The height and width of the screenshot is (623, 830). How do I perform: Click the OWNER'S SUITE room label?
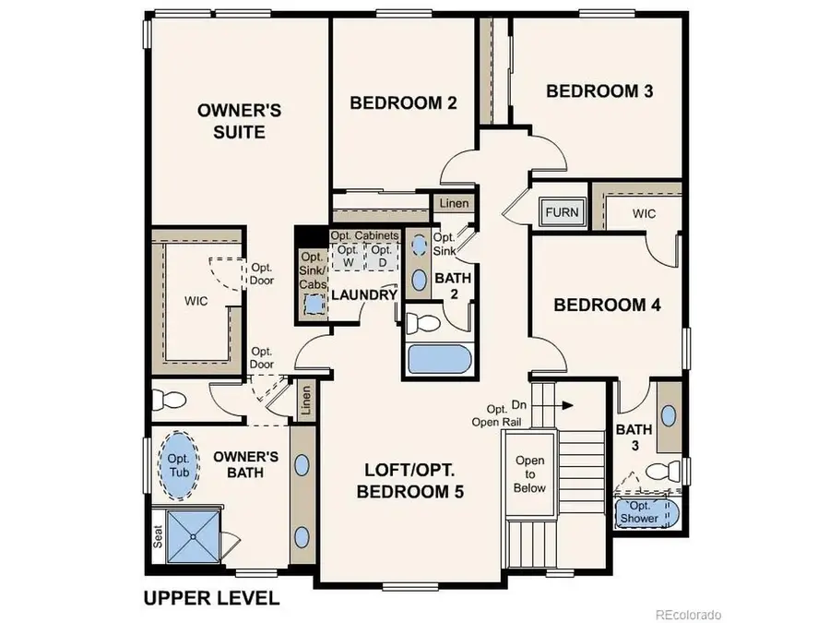click(x=239, y=121)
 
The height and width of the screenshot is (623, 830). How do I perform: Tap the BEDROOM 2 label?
click(x=403, y=102)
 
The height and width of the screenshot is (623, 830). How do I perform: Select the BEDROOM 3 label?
click(x=593, y=90)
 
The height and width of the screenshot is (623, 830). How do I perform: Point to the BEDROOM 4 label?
click(x=606, y=305)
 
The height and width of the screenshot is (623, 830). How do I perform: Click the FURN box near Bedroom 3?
click(x=562, y=212)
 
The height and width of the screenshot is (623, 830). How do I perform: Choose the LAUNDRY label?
click(x=363, y=295)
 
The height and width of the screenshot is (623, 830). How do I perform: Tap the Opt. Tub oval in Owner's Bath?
click(x=177, y=465)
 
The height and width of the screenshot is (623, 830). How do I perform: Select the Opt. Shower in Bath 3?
click(x=644, y=512)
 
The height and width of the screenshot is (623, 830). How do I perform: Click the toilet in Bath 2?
click(x=427, y=324)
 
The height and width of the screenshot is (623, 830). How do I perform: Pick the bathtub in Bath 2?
click(x=438, y=358)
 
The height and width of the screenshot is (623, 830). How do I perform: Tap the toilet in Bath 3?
click(x=661, y=471)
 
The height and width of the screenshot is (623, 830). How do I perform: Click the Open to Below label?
click(x=529, y=474)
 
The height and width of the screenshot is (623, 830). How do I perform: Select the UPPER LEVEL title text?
click(x=210, y=598)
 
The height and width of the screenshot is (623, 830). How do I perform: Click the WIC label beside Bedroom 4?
click(x=644, y=214)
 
